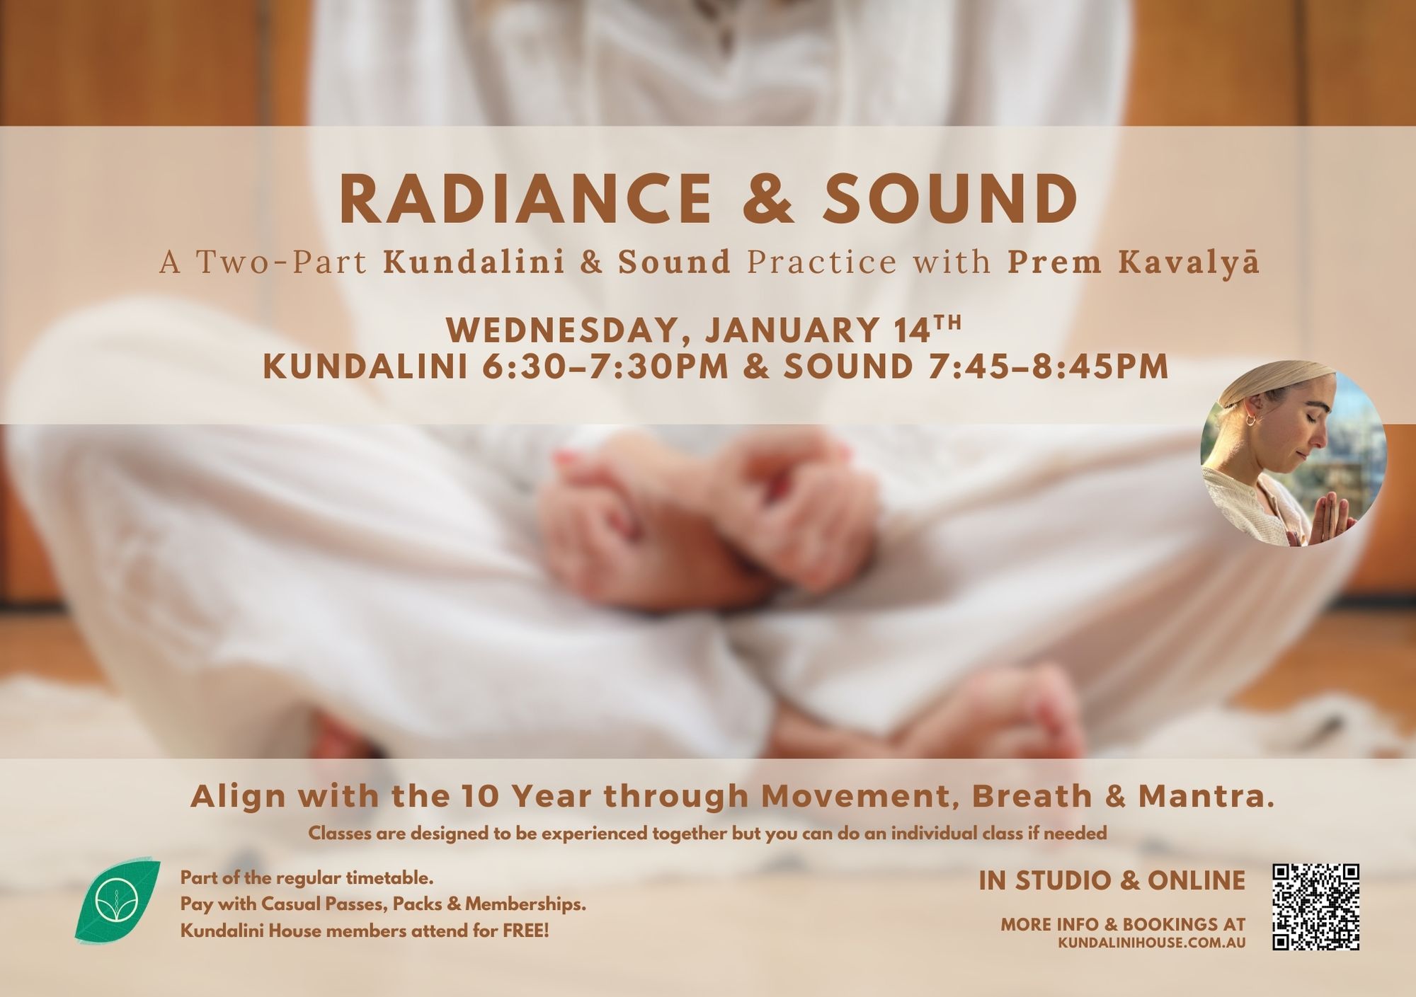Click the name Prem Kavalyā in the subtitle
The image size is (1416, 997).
coord(1134,263)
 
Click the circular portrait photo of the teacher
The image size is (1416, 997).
coord(1293,454)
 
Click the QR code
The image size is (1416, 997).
coord(1316,906)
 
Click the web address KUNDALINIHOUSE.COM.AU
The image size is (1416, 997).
coord(1152,943)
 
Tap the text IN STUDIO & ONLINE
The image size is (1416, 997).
coord(1112,881)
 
